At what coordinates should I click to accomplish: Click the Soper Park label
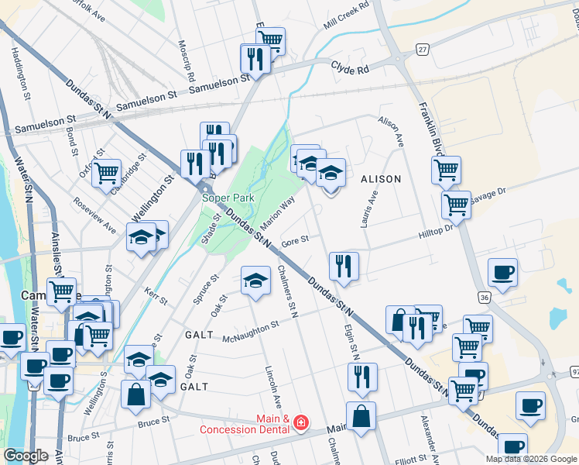[228, 198]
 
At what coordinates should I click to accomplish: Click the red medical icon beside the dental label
[300, 423]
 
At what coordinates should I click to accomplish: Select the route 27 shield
[422, 49]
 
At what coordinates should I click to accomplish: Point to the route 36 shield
[484, 297]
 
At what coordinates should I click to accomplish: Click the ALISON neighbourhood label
[381, 179]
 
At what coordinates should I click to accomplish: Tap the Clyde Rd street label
[351, 68]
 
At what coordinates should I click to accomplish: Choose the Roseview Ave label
[94, 218]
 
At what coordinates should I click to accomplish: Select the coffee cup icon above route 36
[503, 273]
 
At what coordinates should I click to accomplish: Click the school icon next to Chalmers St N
[256, 281]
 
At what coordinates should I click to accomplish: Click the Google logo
[26, 456]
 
